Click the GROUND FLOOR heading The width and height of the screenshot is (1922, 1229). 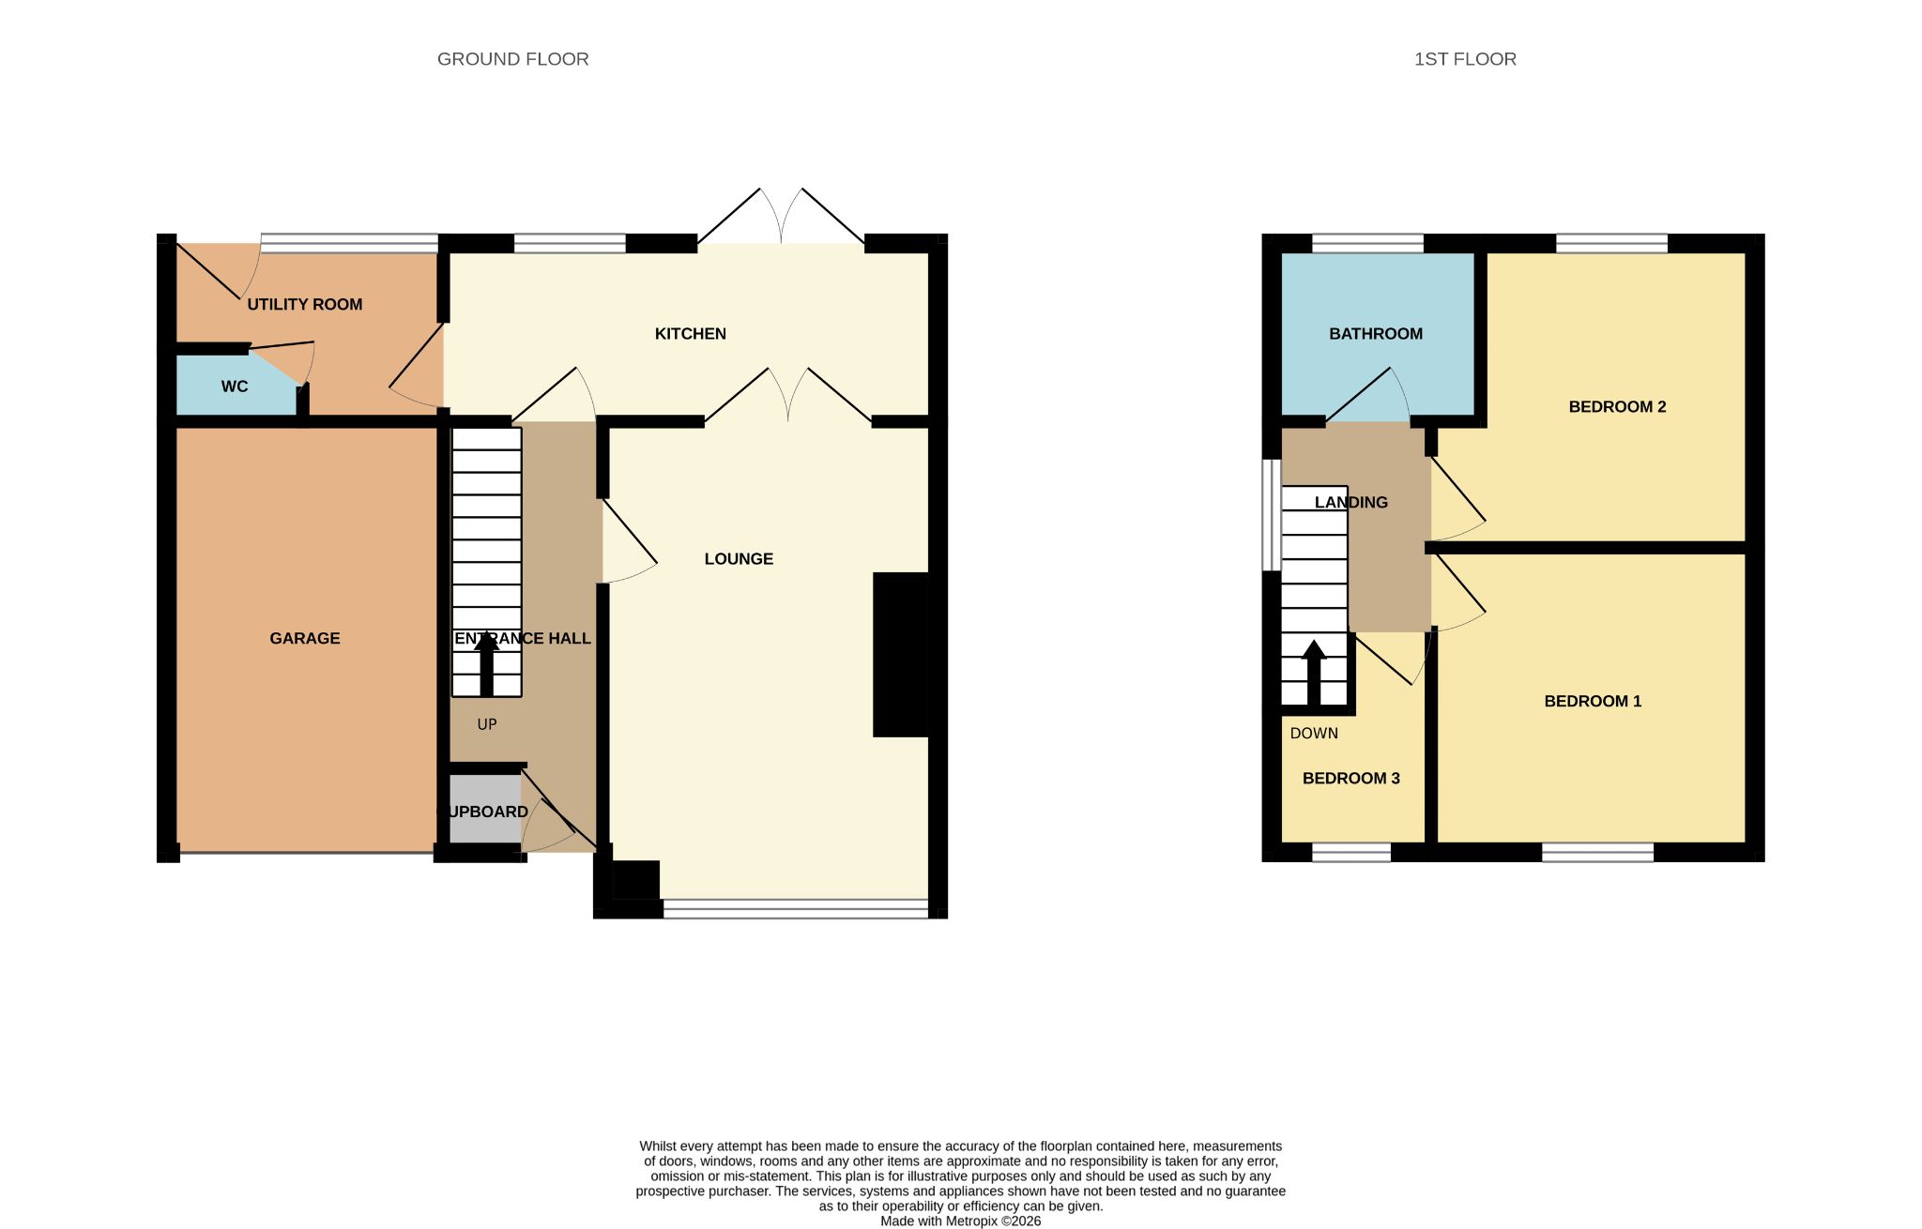[x=512, y=59]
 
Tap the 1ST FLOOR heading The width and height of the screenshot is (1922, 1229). [x=1465, y=59]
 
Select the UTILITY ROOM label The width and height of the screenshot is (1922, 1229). [x=304, y=304]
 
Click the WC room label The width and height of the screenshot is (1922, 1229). [x=235, y=387]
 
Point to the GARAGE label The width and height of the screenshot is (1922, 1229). [x=305, y=638]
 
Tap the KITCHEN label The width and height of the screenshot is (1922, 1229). [x=691, y=333]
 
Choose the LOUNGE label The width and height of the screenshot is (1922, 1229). [x=739, y=558]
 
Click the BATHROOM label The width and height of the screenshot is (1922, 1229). [x=1376, y=333]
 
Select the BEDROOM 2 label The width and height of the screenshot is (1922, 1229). [x=1617, y=406]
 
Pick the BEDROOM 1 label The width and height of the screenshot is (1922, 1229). [x=1593, y=701]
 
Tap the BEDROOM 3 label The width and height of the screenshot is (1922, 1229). [x=1350, y=778]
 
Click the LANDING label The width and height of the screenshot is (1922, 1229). [x=1350, y=502]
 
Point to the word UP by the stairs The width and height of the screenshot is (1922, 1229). [x=487, y=724]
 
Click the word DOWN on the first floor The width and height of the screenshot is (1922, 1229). [x=1314, y=733]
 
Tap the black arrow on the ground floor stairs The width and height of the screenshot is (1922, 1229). [x=487, y=664]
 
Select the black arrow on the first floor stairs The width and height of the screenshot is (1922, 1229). [x=1314, y=673]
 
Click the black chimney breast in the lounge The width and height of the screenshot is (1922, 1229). [x=901, y=654]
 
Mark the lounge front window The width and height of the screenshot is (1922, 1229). [x=796, y=908]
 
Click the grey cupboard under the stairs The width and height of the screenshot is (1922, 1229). [x=485, y=809]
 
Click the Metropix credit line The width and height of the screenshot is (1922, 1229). [x=960, y=1221]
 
